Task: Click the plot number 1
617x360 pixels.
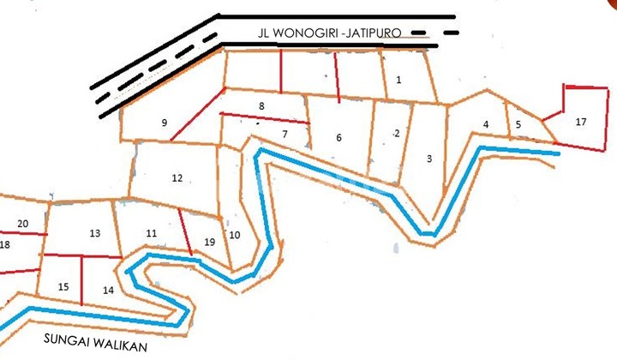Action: tap(398, 81)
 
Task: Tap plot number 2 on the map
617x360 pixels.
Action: tap(397, 133)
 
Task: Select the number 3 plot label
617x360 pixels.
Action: tap(428, 159)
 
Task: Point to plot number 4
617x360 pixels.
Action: tap(486, 125)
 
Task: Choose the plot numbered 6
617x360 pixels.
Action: tap(338, 138)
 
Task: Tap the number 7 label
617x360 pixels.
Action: tap(285, 135)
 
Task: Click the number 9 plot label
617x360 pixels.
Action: tap(164, 123)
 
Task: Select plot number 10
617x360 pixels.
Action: tap(236, 235)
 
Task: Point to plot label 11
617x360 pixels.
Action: tap(151, 233)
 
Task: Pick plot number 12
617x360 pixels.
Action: tap(177, 178)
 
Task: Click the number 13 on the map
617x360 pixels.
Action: tap(94, 233)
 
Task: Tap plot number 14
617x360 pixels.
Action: tap(108, 291)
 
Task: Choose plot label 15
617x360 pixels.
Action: tap(63, 286)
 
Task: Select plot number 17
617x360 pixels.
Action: tap(581, 122)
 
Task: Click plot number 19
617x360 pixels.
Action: tap(209, 242)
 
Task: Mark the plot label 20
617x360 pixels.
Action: tap(23, 225)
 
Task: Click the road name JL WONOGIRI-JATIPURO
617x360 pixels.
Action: tap(329, 33)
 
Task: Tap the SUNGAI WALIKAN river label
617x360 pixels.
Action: tap(84, 339)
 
